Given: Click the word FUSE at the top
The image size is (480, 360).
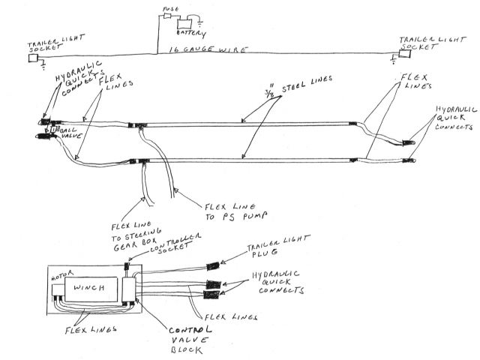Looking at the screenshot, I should [x=171, y=11].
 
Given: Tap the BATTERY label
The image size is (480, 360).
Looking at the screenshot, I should [x=188, y=33].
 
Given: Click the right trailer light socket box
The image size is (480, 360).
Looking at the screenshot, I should [x=405, y=55].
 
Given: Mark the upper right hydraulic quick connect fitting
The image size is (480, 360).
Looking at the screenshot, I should [x=410, y=137].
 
